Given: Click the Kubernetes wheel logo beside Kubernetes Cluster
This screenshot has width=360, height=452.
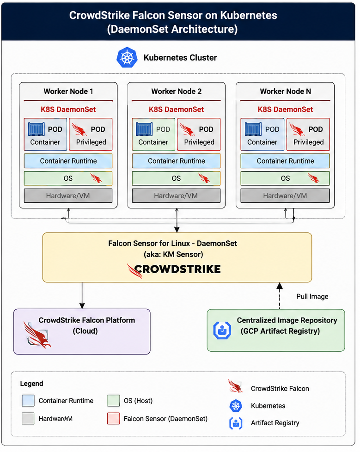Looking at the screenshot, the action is [127, 58].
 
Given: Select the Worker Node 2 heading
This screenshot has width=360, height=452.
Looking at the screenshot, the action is [177, 92].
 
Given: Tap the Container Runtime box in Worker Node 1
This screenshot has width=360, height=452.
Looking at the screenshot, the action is [68, 161].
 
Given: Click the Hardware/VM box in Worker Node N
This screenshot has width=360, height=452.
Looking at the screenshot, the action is [285, 196].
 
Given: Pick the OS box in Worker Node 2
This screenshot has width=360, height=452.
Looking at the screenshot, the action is [176, 178].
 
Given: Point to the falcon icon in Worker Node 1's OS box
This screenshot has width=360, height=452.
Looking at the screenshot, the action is [96, 178].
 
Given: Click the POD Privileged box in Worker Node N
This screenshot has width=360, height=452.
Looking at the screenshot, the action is [308, 134].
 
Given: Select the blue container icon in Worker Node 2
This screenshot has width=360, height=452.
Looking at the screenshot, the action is [144, 129].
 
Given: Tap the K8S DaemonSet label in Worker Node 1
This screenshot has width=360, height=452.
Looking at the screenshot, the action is [68, 110].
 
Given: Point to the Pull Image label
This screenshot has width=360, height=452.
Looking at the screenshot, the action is [312, 297].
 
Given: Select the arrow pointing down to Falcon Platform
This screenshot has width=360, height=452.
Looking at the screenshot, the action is [82, 295].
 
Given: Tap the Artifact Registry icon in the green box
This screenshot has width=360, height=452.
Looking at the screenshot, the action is [222, 330].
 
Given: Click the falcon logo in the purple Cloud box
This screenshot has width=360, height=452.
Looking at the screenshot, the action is [37, 335].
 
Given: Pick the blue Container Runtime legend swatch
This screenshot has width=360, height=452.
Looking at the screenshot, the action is [28, 401].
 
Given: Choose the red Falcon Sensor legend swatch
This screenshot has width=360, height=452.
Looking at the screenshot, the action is [114, 419].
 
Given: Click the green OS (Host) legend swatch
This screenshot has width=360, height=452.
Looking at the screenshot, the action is [114, 401].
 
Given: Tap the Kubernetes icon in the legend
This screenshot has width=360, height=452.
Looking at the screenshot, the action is [236, 406].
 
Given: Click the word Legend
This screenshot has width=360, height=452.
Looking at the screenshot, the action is [32, 384].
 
